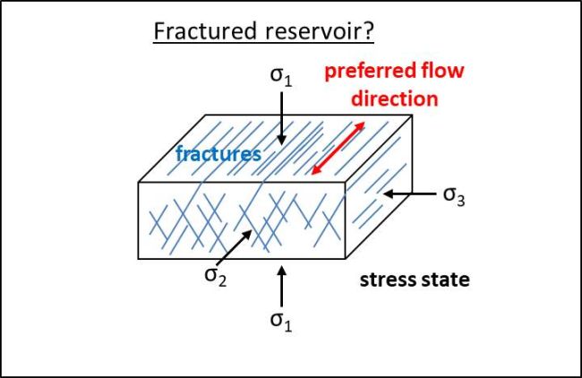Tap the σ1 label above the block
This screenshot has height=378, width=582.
coord(281,75)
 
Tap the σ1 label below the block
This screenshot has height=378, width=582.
coord(282,324)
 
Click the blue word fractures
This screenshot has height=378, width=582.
coord(218,154)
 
